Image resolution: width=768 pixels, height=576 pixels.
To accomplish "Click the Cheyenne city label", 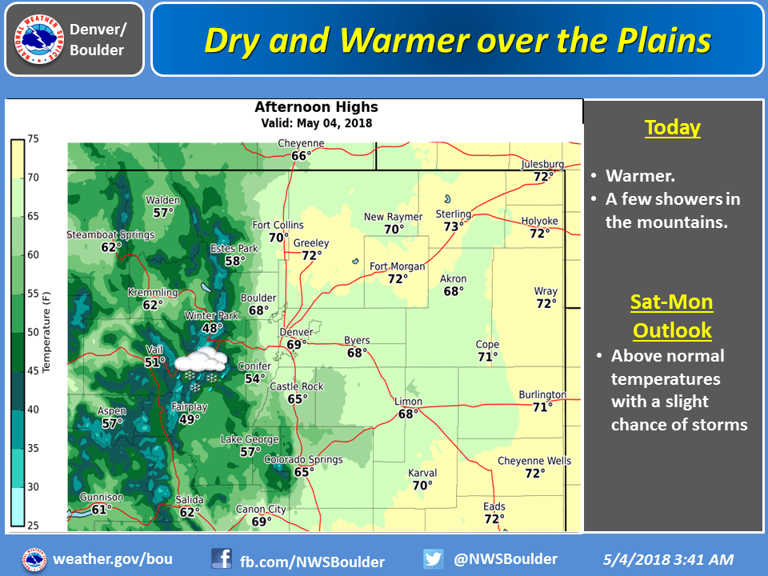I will (x=301, y=144).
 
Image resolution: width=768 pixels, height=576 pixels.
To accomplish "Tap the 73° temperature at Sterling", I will (x=454, y=226).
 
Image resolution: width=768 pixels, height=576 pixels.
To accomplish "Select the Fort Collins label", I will (x=278, y=225).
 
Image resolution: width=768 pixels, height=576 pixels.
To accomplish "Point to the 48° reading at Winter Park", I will (x=212, y=328).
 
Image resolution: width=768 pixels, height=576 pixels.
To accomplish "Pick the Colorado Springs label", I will (x=303, y=460).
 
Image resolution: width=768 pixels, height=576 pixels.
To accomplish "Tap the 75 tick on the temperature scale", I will (x=34, y=138).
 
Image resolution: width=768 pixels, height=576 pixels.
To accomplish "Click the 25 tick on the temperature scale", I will (x=34, y=526).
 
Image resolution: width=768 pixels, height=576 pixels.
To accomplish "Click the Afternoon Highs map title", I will (x=316, y=107).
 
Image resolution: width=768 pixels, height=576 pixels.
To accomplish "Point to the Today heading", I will (x=672, y=127).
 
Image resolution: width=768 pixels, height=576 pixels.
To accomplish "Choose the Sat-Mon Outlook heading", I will (x=672, y=316).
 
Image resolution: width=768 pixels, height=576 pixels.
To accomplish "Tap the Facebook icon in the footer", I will (x=222, y=558).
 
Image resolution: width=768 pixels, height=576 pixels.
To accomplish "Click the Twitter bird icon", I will (x=434, y=558).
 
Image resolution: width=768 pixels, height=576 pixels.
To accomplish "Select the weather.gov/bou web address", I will (x=112, y=559).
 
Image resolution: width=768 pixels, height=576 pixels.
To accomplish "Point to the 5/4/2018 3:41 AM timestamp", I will (x=667, y=560).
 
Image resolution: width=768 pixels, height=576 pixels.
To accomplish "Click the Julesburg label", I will (x=542, y=165).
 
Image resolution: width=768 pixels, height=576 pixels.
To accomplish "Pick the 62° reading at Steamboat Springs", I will (x=110, y=247).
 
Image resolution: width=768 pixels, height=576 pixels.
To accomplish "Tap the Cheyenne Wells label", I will (x=534, y=461).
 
